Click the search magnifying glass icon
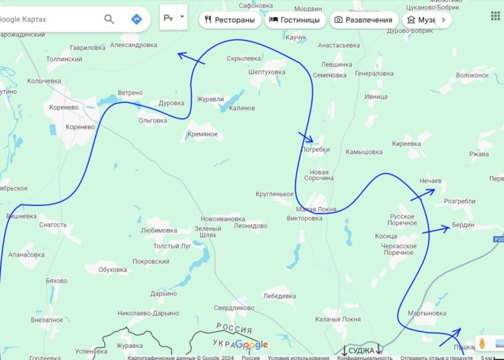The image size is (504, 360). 109,19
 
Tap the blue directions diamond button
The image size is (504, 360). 136,19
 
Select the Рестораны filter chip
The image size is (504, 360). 230,20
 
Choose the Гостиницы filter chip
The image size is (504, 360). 294,20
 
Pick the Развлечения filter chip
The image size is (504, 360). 363,20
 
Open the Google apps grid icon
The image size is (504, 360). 495,15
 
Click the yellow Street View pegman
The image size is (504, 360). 482,343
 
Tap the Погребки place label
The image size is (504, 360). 316,150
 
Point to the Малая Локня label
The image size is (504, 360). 317,210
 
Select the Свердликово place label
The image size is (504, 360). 234,308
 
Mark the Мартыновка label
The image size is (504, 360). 427,313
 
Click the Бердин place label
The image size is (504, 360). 463,225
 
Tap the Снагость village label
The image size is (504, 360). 53,225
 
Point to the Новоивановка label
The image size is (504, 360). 222,219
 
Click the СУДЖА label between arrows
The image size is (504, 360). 362,350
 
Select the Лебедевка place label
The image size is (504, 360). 280,296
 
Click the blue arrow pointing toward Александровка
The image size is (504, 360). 191,59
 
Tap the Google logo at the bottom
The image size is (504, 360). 251,345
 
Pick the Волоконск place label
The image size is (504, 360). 472,75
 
